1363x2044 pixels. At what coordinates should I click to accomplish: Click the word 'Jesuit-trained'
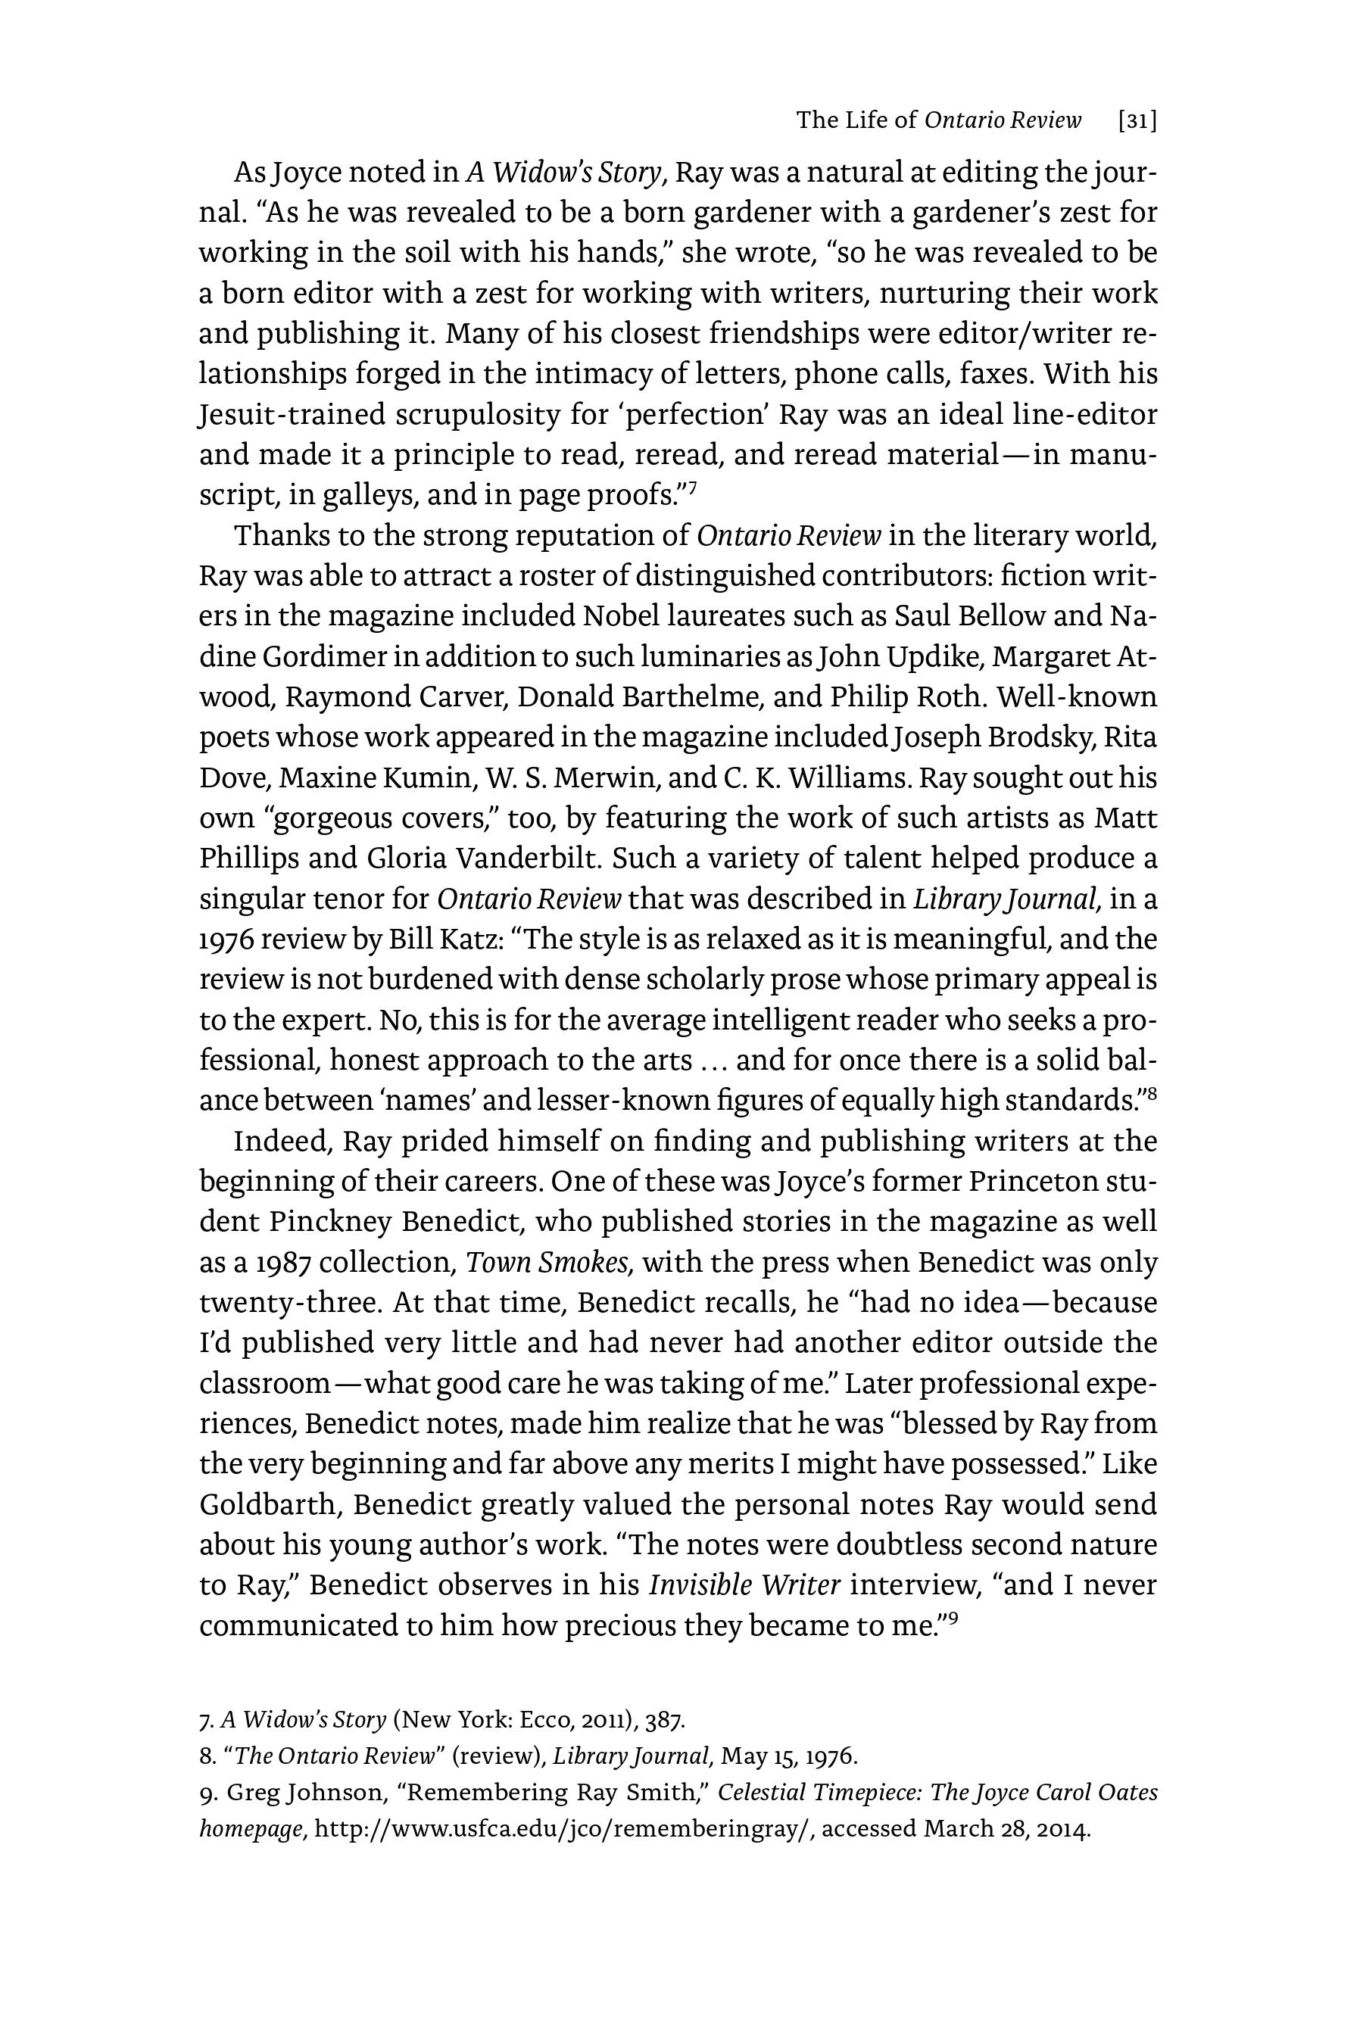pos(292,415)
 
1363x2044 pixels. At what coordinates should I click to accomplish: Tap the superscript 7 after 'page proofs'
pos(693,489)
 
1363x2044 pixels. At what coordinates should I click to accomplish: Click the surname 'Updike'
pos(930,656)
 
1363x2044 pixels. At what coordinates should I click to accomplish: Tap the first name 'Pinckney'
pos(329,1222)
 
